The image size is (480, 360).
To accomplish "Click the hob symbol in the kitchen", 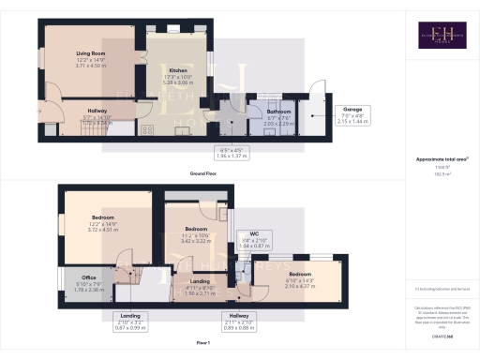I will pyautogui.click(x=147, y=130).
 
